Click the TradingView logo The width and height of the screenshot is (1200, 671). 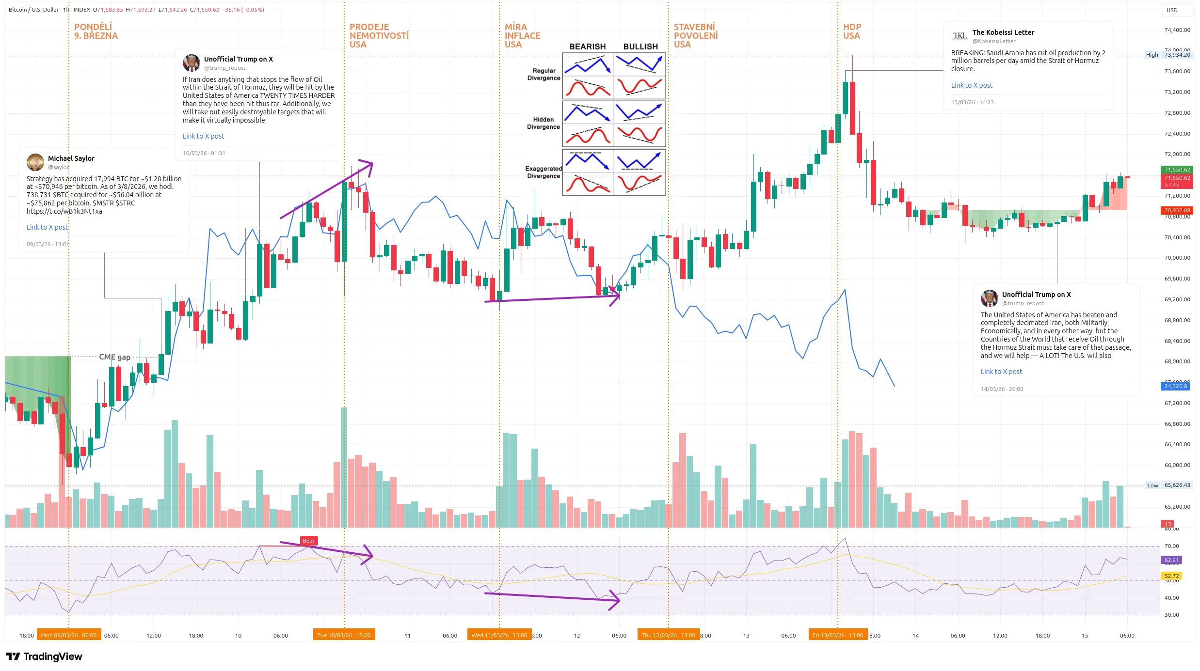(x=44, y=656)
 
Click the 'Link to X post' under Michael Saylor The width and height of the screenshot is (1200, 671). (x=47, y=227)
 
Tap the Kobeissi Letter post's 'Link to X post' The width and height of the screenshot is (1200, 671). (x=972, y=85)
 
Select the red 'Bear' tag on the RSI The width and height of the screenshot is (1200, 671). (x=308, y=541)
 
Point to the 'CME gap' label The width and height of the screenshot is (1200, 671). (x=114, y=357)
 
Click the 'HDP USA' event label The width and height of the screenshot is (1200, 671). (x=851, y=31)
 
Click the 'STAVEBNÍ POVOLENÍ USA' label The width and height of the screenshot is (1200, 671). (x=695, y=36)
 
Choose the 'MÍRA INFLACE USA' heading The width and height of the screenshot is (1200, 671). (x=522, y=36)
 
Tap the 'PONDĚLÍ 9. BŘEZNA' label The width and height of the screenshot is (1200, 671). (x=96, y=31)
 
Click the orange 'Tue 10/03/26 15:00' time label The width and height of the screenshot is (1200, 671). (x=344, y=635)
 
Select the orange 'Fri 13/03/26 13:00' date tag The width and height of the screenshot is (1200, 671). (x=837, y=635)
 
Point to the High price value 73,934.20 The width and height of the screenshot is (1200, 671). (x=1177, y=55)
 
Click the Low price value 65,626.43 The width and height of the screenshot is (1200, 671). (x=1177, y=485)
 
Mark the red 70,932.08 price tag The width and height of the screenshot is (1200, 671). (x=1177, y=210)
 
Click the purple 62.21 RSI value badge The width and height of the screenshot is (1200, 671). (x=1171, y=560)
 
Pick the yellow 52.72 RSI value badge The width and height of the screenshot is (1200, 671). (x=1171, y=576)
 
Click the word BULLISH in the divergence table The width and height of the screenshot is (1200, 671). (x=640, y=47)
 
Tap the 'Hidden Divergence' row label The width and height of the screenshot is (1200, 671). (x=543, y=123)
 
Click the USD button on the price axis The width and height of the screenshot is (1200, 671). (x=1172, y=10)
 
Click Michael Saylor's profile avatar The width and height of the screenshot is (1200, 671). (x=35, y=162)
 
